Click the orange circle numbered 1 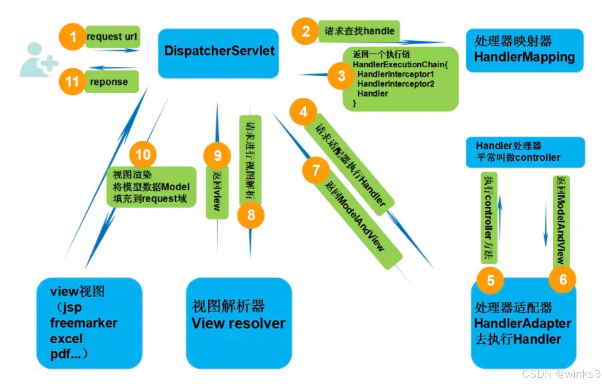click(x=73, y=37)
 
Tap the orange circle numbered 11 click(x=72, y=82)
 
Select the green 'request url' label click(x=113, y=37)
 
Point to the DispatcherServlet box click(x=218, y=53)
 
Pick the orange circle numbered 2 click(x=305, y=31)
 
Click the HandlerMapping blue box click(x=524, y=50)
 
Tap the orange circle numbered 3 click(x=341, y=76)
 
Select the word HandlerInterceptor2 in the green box click(x=396, y=84)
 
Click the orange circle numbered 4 click(x=303, y=112)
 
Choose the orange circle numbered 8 click(x=251, y=215)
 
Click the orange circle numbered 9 click(x=217, y=155)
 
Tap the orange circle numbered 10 click(x=143, y=155)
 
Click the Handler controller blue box click(x=525, y=152)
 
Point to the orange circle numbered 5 click(x=491, y=281)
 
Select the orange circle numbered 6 click(x=563, y=279)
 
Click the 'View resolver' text click(x=238, y=323)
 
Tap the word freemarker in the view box click(x=84, y=323)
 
